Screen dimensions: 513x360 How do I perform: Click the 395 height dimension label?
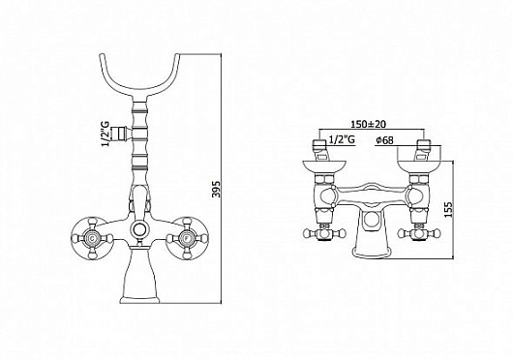point(217,190)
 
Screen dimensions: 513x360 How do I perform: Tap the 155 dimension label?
point(449,210)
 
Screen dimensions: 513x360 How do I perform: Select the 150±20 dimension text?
point(369,124)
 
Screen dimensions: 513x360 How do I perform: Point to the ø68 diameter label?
point(385,140)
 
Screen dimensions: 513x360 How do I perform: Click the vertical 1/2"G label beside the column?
point(106,134)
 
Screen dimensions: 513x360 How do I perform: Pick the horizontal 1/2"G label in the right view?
point(342,140)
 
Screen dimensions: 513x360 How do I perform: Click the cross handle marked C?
point(92,238)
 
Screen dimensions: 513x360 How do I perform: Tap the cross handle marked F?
point(187,238)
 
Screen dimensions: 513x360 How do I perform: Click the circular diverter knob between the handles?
point(139,229)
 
